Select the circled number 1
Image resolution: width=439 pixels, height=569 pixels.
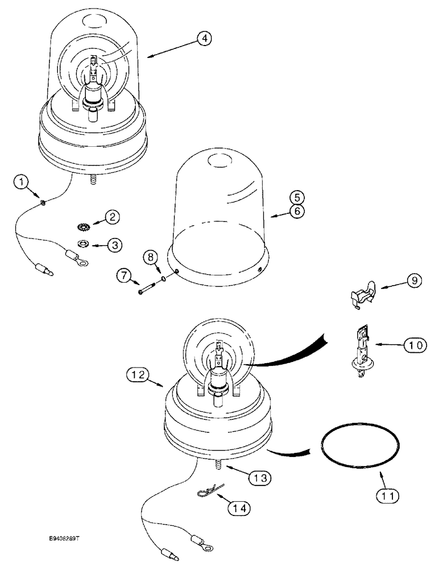(22, 182)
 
